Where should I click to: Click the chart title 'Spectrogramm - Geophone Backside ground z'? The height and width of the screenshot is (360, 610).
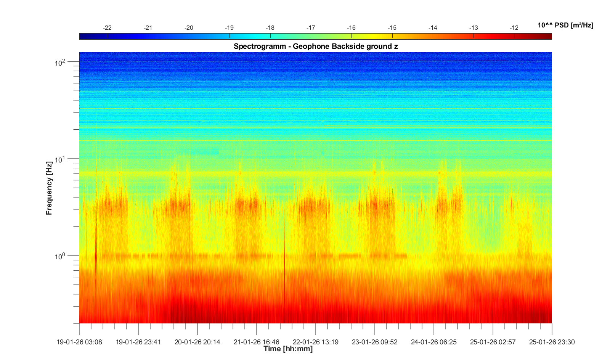pyautogui.click(x=316, y=47)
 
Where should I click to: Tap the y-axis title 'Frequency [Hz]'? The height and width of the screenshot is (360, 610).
pyautogui.click(x=49, y=188)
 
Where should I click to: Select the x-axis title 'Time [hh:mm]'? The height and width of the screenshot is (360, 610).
pyautogui.click(x=288, y=349)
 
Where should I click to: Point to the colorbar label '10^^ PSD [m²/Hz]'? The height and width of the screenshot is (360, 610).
pyautogui.click(x=565, y=26)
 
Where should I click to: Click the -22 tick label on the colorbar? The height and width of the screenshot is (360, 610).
pyautogui.click(x=107, y=28)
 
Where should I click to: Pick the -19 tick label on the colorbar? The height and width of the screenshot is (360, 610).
pyautogui.click(x=229, y=28)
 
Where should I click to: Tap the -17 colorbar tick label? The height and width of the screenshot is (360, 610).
pyautogui.click(x=311, y=28)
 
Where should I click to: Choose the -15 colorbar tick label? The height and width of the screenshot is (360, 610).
pyautogui.click(x=392, y=28)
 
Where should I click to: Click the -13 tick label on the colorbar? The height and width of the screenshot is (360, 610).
pyautogui.click(x=474, y=28)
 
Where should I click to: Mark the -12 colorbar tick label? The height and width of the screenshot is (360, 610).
pyautogui.click(x=514, y=28)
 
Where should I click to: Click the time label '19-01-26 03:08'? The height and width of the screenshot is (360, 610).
pyautogui.click(x=79, y=342)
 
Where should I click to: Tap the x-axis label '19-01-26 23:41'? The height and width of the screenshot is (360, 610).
pyautogui.click(x=138, y=342)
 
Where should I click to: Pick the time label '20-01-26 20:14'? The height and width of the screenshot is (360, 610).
pyautogui.click(x=197, y=342)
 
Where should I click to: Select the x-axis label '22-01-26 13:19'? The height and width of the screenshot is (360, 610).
pyautogui.click(x=316, y=342)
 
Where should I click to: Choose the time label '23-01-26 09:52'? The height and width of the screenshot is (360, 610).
pyautogui.click(x=375, y=342)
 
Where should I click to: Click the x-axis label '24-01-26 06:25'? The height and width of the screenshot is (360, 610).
pyautogui.click(x=434, y=342)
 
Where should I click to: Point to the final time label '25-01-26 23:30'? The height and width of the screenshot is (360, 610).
pyautogui.click(x=552, y=342)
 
